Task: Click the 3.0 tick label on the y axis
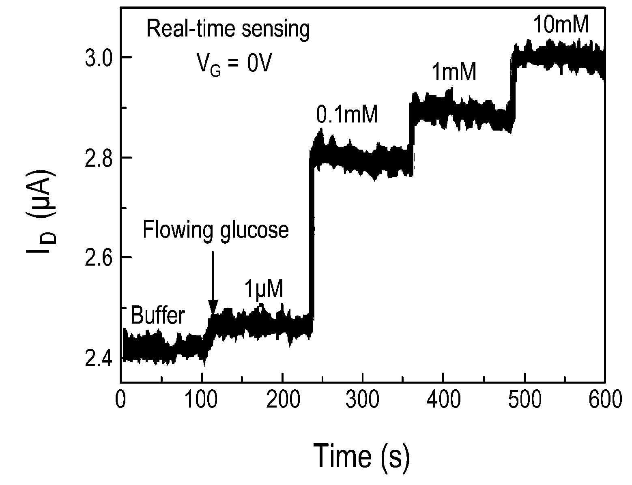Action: click(99, 57)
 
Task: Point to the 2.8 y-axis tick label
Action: click(99, 158)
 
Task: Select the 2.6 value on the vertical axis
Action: click(99, 258)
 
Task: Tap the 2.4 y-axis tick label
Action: click(99, 358)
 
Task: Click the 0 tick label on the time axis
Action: click(120, 399)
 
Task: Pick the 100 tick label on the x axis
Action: click(201, 399)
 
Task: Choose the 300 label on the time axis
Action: click(362, 399)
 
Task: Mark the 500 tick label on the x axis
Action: click(524, 399)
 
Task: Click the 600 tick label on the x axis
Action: click(605, 399)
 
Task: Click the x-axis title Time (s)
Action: click(361, 456)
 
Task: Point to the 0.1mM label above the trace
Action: click(347, 114)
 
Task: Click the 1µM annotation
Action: click(264, 289)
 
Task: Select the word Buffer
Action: click(158, 315)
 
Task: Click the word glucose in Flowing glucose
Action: click(254, 231)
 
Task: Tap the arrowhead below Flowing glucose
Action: click(213, 308)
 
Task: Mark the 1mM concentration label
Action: click(454, 72)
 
